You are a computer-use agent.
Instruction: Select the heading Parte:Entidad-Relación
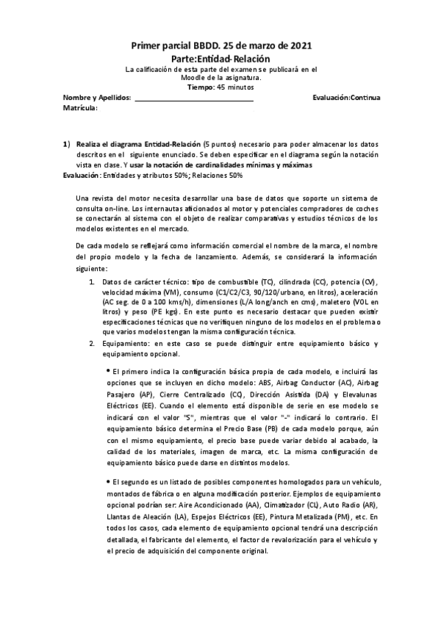tap(220, 59)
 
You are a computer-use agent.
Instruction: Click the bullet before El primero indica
tap(107, 372)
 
